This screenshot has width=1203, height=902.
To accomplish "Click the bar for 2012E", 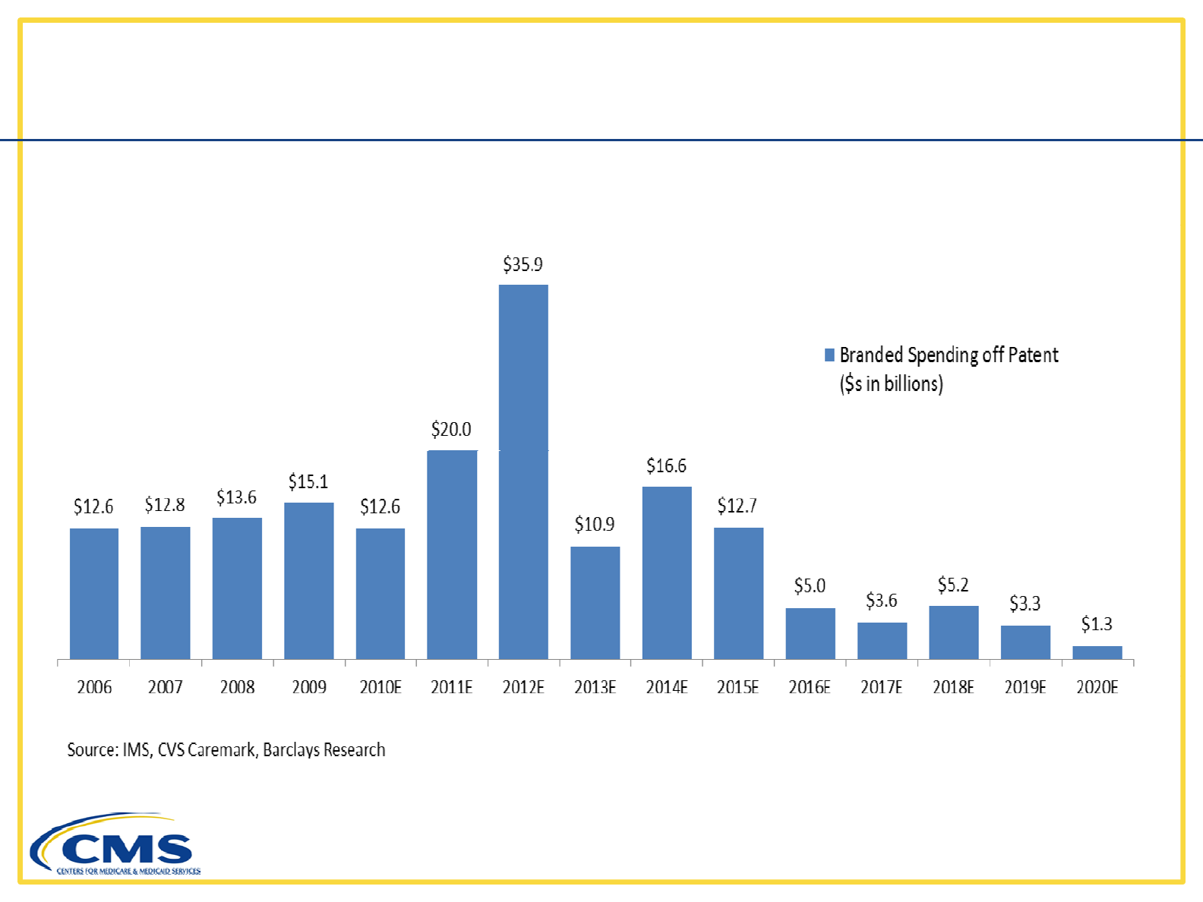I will pos(523,471).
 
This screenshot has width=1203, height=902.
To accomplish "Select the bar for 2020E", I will pos(1097,652).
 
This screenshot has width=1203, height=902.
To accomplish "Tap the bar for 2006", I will pos(94,593).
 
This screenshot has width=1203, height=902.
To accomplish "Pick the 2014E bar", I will pos(667,572).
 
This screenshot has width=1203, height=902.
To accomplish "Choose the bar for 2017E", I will pos(882,640).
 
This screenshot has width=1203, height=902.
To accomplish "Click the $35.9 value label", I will pos(523,264).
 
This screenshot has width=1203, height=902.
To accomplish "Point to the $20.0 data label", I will pos(451,429).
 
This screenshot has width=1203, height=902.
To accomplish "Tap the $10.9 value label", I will pos(595,524).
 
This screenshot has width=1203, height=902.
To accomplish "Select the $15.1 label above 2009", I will pos(308,481).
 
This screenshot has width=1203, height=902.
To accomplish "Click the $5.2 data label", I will pos(953,585).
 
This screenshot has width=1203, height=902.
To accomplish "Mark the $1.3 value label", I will pos(1097,624).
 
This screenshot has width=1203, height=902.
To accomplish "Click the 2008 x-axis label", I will pos(237,687).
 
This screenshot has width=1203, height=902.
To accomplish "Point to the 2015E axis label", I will pos(738,687).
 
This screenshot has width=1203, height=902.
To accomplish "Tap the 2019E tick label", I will pos(1025,687).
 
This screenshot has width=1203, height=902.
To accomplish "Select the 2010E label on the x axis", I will pos(380,687).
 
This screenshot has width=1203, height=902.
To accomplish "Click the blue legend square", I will pos(829,355).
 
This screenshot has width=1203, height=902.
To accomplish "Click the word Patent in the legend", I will pos(1033,355).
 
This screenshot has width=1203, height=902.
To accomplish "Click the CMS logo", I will pos(115,846).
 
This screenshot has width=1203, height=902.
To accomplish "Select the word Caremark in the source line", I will pos(221,750).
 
